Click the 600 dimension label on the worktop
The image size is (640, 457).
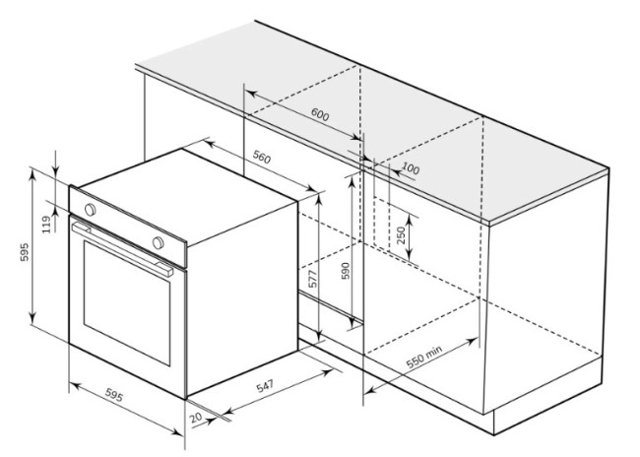pyautogui.click(x=320, y=114)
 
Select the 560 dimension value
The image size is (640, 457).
pyautogui.click(x=262, y=157)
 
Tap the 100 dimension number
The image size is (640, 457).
pyautogui.click(x=411, y=167)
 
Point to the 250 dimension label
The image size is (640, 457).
pyautogui.click(x=401, y=235)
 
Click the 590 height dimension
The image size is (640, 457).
pyautogui.click(x=346, y=271)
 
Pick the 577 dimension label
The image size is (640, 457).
pyautogui.click(x=313, y=279)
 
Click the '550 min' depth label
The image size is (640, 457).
pyautogui.click(x=424, y=357)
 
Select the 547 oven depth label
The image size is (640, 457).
pyautogui.click(x=265, y=386)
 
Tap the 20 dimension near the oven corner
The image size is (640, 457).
pyautogui.click(x=196, y=418)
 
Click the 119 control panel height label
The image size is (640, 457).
pyautogui.click(x=47, y=225)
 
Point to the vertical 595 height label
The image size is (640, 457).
pyautogui.click(x=25, y=252)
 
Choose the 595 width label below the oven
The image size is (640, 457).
pyautogui.click(x=114, y=395)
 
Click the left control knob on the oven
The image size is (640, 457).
pyautogui.click(x=90, y=210)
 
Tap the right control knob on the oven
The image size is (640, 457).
pyautogui.click(x=158, y=242)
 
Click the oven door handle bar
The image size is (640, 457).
pyautogui.click(x=122, y=249)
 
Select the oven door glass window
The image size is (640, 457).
pyautogui.click(x=127, y=302)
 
